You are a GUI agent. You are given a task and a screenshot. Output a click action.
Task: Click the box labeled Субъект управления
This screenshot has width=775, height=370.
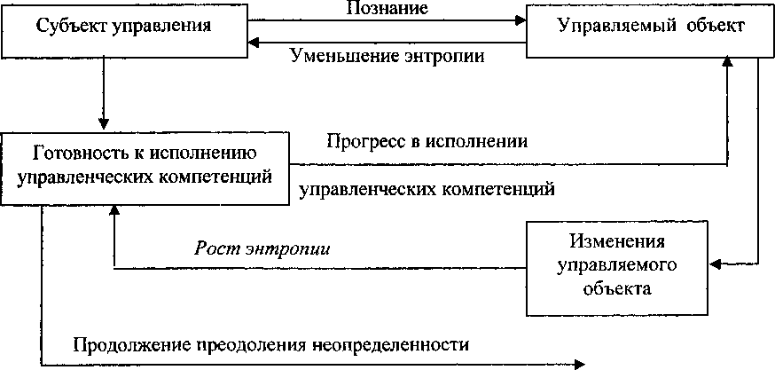click(124, 28)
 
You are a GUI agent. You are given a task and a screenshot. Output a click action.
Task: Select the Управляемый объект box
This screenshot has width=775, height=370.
click(650, 28)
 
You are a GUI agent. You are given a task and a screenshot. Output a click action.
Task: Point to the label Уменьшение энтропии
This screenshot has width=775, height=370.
click(387, 55)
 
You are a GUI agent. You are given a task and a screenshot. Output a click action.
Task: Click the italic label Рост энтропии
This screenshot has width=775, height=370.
click(262, 248)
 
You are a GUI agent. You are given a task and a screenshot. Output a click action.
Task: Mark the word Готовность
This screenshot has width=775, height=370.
click(73, 152)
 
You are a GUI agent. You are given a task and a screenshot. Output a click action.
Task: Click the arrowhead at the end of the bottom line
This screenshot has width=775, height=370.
click(581, 363)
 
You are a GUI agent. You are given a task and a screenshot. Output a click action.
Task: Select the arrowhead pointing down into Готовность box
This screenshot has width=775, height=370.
click(105, 125)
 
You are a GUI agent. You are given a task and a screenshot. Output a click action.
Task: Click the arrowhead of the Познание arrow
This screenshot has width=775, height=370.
click(521, 20)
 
